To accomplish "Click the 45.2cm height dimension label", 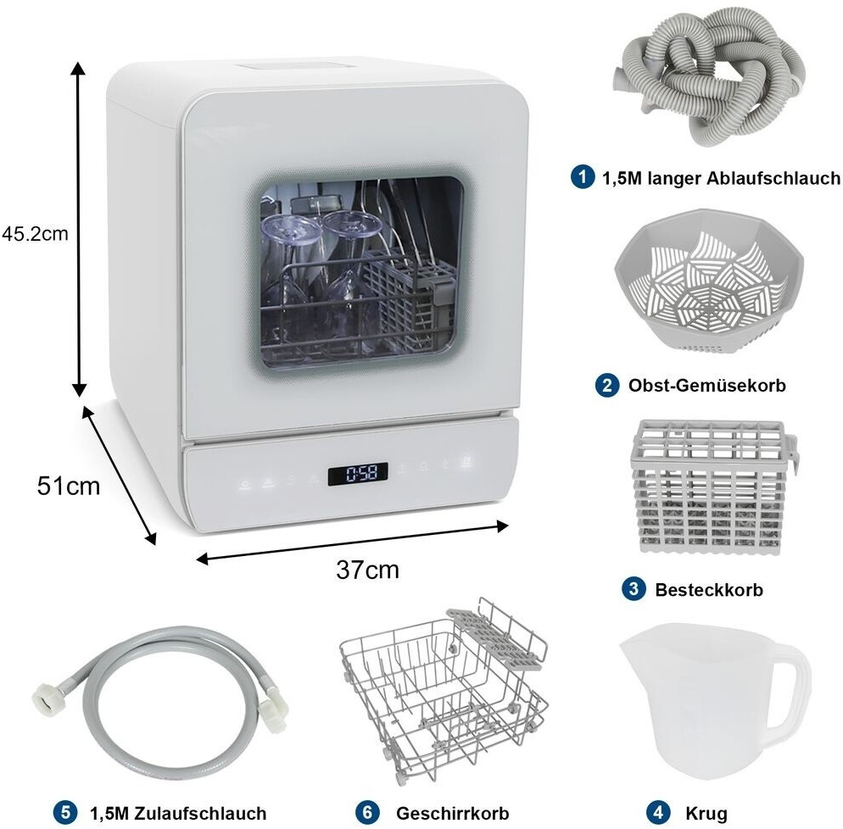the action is click(35, 234).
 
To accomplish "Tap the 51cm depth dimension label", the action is click(69, 486).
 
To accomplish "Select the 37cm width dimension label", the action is click(368, 570).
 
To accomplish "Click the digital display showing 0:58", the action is click(358, 473).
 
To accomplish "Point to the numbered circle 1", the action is click(583, 177).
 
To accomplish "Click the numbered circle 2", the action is click(607, 385).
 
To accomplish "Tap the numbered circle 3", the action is click(634, 589).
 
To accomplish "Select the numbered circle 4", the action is click(657, 812).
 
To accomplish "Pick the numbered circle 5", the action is click(65, 812).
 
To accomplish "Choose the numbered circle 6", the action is click(368, 812).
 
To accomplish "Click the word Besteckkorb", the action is click(709, 589).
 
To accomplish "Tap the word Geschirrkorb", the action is click(452, 813).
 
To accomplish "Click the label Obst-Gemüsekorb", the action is click(707, 385).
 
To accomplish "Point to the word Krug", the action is click(706, 814).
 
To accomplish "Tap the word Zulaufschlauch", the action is click(200, 813).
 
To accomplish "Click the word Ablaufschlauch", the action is click(773, 177).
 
